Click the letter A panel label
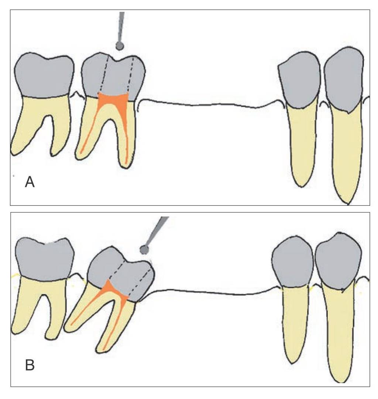30,182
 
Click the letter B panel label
30,365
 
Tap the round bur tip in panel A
119,46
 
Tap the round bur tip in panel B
144,250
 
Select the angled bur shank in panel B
157,229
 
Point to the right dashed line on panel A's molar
130,74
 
